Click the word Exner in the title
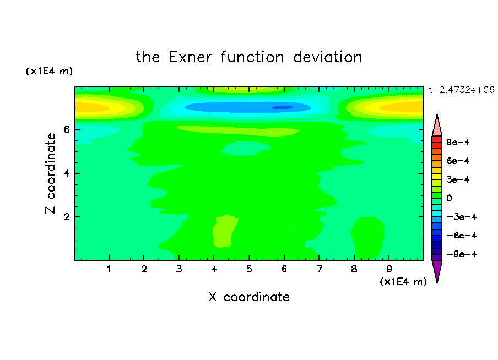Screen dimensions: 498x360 coord(190,57)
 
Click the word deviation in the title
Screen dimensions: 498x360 coord(327,57)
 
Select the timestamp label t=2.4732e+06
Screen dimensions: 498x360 coord(461,90)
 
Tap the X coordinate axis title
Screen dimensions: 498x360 coord(249,297)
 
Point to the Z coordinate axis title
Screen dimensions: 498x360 coord(50,173)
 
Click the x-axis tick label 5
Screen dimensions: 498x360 coord(249,269)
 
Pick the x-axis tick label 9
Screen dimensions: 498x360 coord(389,269)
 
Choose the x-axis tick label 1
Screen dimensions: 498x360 coord(109,269)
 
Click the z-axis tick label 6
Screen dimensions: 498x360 coord(67,129)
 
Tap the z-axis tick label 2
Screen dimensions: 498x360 coord(67,217)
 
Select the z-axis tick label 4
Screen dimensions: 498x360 coord(67,173)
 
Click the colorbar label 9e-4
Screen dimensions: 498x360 coord(458,142)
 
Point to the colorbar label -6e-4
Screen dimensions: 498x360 coord(462,236)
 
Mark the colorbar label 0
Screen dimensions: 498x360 coord(449,198)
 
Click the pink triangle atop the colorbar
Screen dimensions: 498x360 coord(437,126)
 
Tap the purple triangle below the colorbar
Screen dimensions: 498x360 coord(437,270)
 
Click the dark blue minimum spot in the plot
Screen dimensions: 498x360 coord(283,108)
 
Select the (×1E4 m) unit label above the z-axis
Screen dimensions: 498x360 coord(49,71)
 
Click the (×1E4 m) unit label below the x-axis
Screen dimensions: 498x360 coord(403,282)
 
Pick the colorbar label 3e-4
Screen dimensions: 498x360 coord(458,179)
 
